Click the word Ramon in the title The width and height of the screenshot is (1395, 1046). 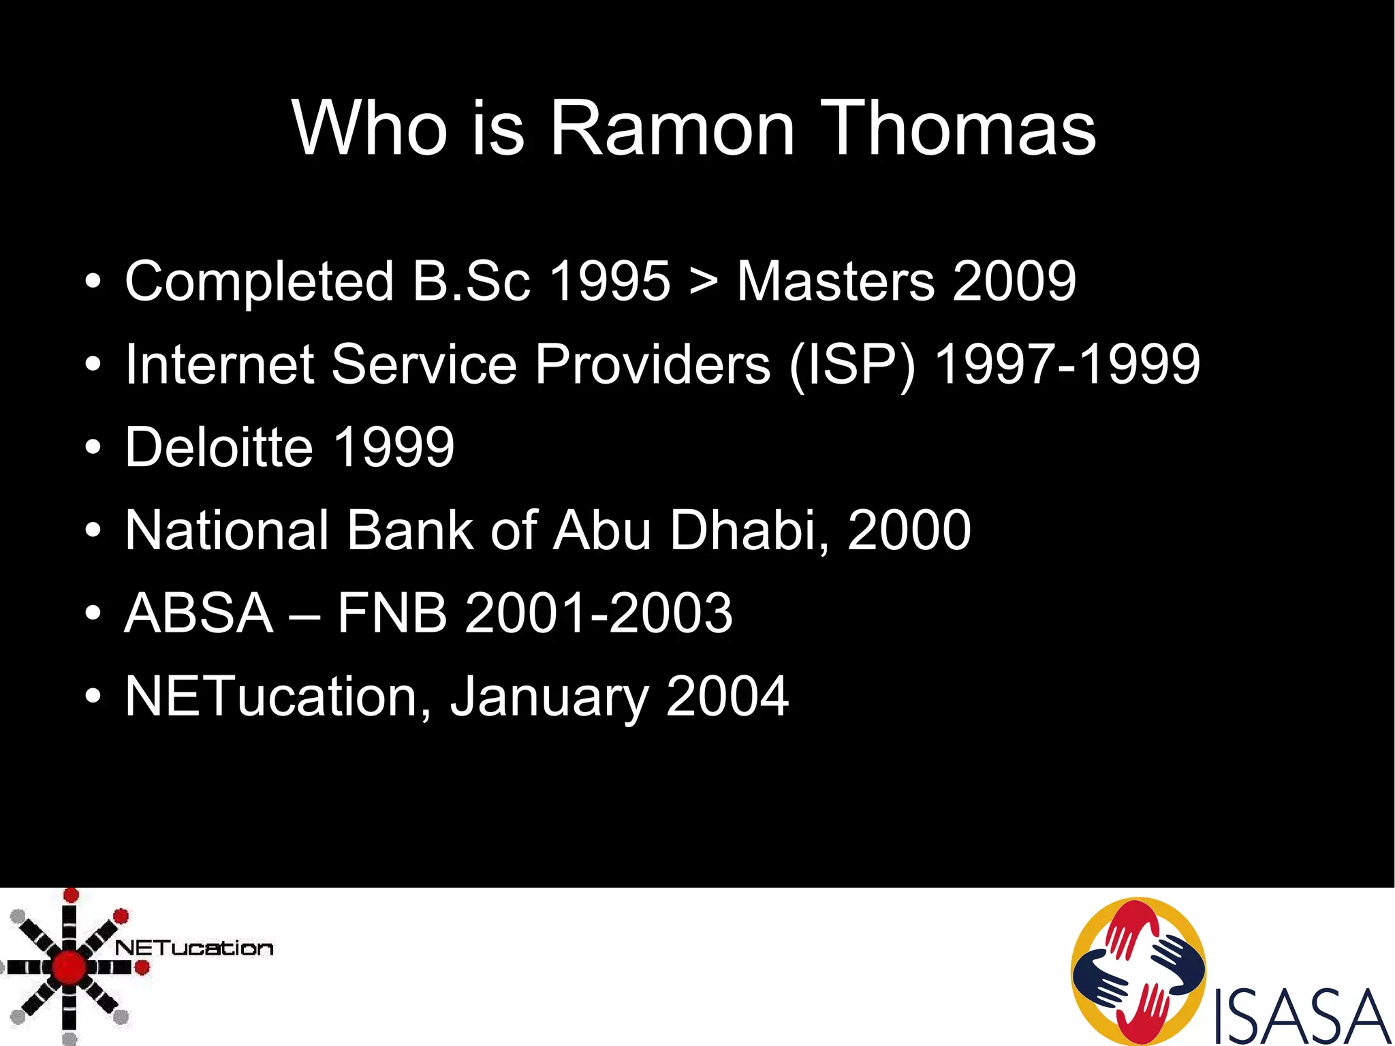(672, 128)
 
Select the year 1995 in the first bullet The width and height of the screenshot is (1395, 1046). (610, 281)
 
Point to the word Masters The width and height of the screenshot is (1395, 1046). (836, 281)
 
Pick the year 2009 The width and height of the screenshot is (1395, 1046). (1014, 281)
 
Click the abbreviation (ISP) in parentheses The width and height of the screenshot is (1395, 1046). (852, 365)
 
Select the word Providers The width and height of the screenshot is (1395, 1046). (652, 364)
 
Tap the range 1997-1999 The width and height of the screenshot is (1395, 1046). (1067, 364)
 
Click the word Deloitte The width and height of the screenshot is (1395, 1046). (219, 447)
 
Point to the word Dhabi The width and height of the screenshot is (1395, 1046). (749, 530)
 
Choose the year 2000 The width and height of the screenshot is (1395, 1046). (909, 530)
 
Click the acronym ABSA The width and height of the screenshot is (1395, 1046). (199, 613)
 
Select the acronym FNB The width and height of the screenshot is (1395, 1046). (392, 613)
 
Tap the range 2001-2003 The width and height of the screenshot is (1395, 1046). (598, 613)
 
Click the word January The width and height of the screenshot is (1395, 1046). (549, 697)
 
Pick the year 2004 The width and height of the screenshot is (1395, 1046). (727, 696)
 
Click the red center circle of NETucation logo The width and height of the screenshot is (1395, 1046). (69, 966)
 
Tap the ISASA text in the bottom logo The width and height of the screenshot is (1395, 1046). (1301, 1017)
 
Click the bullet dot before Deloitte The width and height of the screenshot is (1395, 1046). (93, 448)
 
